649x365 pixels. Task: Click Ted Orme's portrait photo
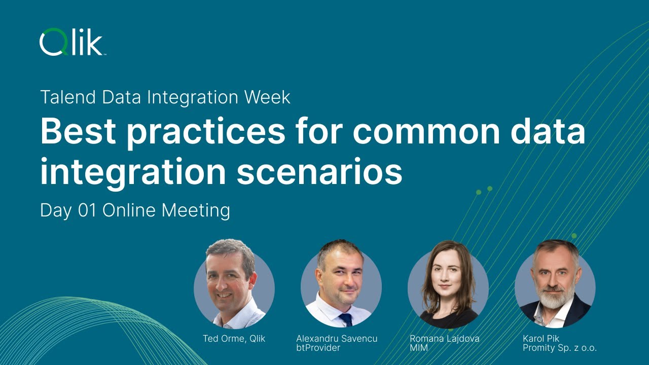234,286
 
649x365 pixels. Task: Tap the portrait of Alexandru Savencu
341,286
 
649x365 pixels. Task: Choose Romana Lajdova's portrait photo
448,286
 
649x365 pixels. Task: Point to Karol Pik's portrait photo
555,286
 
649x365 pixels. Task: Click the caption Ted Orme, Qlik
234,339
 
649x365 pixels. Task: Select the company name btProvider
318,348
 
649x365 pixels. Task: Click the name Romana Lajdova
445,339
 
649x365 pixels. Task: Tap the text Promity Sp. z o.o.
560,348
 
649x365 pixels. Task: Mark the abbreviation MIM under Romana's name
418,348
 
